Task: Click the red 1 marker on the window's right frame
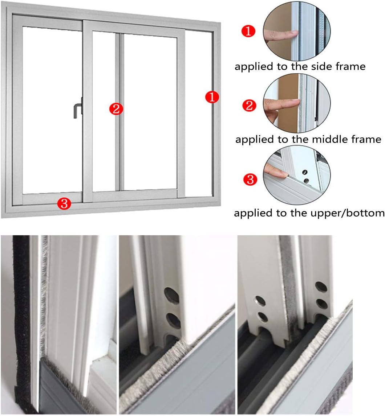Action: [x=212, y=98]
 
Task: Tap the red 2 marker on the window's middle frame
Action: [x=116, y=109]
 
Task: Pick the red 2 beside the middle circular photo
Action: [x=249, y=106]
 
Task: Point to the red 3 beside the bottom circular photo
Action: [x=250, y=179]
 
